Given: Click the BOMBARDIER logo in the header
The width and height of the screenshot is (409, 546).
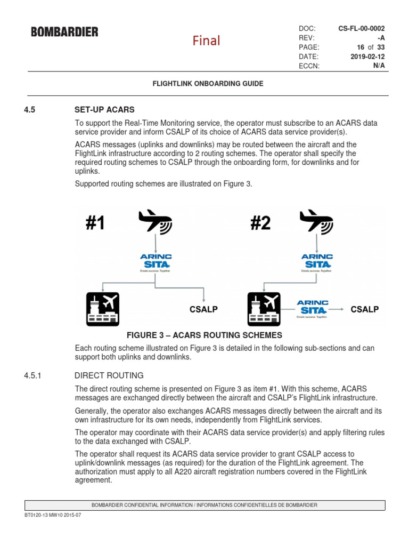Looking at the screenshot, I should tap(64, 32).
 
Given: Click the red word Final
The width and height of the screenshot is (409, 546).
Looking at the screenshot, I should tap(206, 41).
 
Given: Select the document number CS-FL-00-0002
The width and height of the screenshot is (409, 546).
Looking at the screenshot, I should tap(362, 28).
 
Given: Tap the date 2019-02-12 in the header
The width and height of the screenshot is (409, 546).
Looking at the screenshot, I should tap(367, 56).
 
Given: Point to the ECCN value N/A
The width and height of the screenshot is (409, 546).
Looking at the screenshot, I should tap(379, 66).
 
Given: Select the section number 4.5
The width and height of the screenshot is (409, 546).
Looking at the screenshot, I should tap(29, 109).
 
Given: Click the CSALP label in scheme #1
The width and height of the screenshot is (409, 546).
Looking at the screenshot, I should tap(203, 309).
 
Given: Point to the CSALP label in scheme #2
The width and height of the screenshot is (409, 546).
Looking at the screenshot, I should tap(364, 309).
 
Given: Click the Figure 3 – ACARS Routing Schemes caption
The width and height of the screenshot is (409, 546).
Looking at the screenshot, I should tap(204, 335).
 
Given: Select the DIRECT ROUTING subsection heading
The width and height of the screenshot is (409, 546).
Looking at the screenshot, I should tap(109, 375).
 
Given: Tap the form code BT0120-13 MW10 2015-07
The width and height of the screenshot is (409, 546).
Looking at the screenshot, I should tap(53, 516).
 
